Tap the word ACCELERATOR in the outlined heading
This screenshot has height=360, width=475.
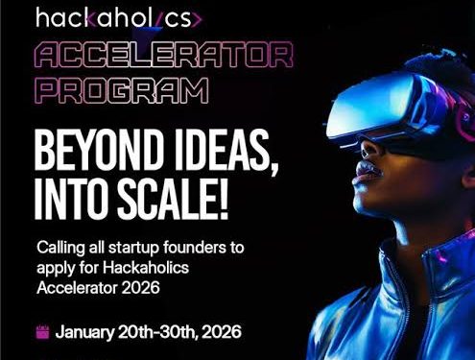pos(162,56)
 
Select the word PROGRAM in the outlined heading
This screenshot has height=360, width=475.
pos(123,91)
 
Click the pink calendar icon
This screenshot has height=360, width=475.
pos(42,333)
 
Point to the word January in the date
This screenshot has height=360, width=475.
pos(89,332)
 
